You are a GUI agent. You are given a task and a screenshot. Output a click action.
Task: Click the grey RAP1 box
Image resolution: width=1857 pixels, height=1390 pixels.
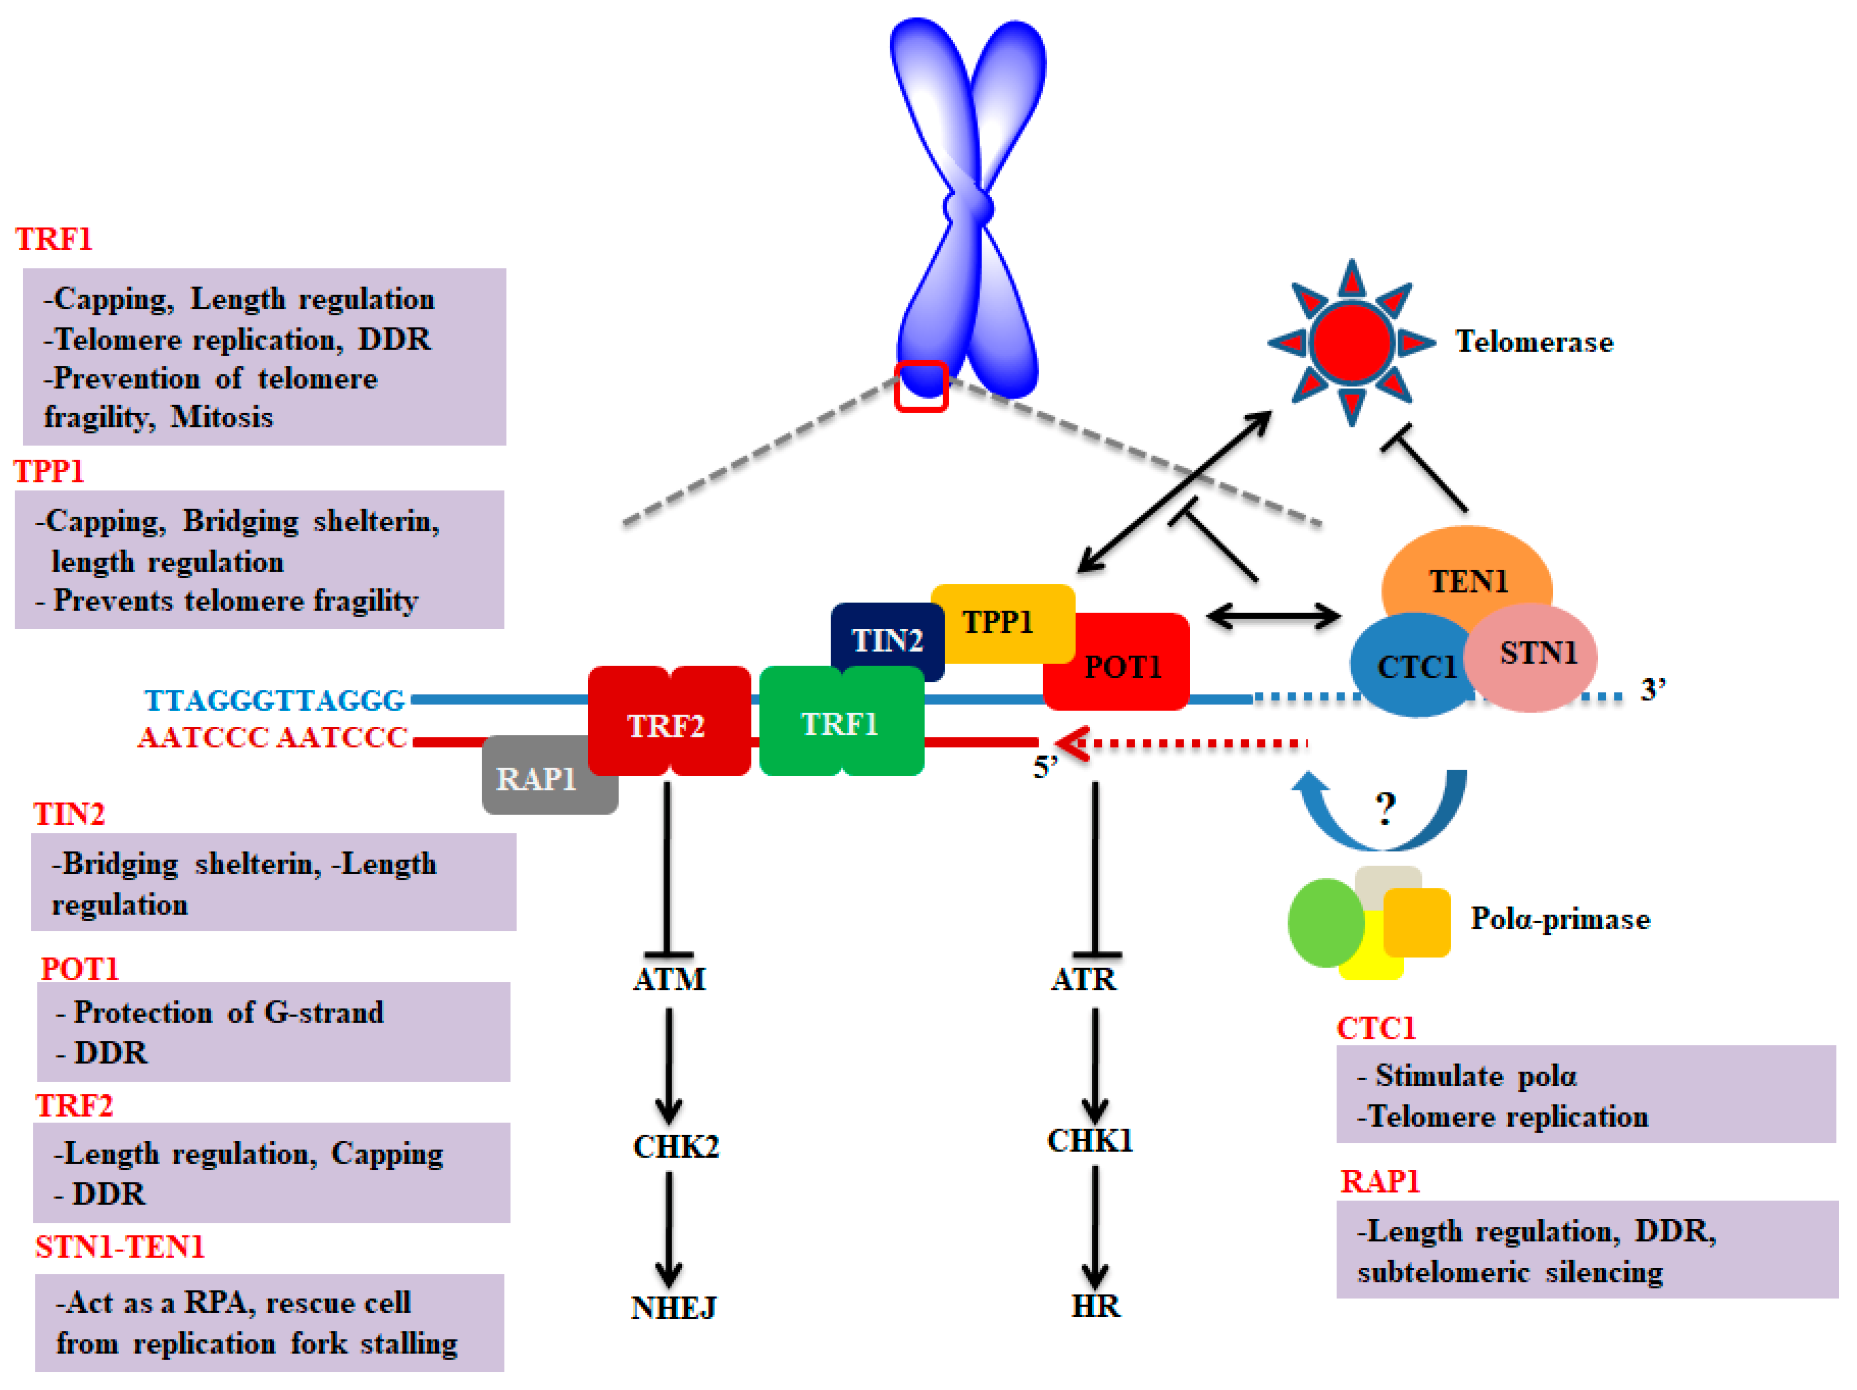[x=537, y=780]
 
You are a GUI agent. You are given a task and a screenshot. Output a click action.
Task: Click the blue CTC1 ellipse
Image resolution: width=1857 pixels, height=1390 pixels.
[x=1410, y=668]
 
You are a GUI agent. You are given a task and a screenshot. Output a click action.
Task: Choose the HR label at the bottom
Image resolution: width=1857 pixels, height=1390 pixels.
[x=1095, y=1306]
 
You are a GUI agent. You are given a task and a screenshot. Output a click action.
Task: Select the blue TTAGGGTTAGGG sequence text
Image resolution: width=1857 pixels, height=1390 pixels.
[x=274, y=700]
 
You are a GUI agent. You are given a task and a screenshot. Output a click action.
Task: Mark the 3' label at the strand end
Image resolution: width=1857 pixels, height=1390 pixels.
[x=1652, y=690]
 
